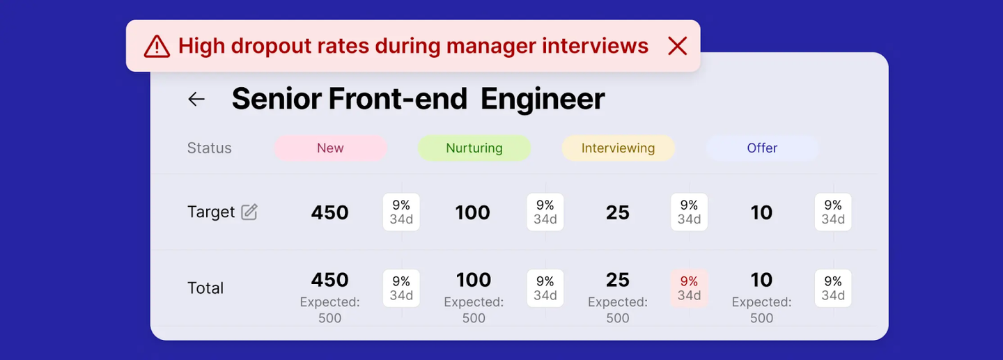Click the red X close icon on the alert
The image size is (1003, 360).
(x=677, y=46)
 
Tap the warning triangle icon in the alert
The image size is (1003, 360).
(x=157, y=47)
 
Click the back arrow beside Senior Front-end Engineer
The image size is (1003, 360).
(x=196, y=99)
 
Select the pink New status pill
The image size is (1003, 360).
(x=330, y=148)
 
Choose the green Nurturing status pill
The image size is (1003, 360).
(x=474, y=148)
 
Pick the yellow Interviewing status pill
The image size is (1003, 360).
(x=618, y=148)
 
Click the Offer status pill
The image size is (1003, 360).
(x=762, y=148)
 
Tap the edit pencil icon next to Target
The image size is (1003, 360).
(x=249, y=212)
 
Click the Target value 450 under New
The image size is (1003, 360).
(x=329, y=212)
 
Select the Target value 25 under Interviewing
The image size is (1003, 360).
(x=617, y=212)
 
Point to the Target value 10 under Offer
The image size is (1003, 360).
(x=761, y=212)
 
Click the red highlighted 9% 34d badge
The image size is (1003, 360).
(x=689, y=288)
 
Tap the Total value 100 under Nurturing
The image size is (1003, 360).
(x=474, y=280)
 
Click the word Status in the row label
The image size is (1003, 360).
(x=209, y=148)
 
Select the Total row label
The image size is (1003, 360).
(x=205, y=288)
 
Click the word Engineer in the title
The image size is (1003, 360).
(x=543, y=99)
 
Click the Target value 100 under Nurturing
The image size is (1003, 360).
(x=472, y=212)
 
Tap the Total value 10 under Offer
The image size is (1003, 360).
(x=761, y=280)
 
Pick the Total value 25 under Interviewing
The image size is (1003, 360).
(x=617, y=280)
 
